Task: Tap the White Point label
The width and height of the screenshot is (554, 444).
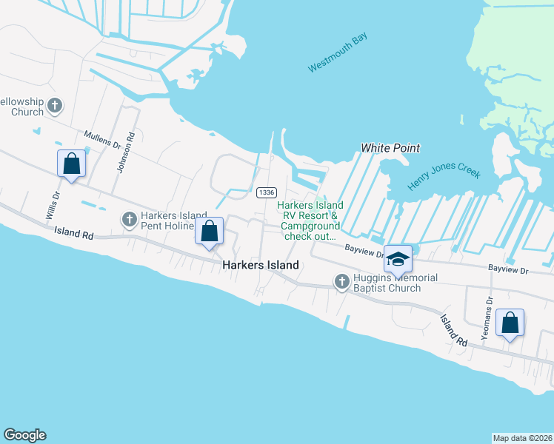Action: (390, 148)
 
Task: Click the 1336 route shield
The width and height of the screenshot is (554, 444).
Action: (267, 192)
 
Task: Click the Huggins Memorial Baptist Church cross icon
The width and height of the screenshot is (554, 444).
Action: (341, 281)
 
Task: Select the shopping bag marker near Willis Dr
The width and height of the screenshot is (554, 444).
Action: (72, 164)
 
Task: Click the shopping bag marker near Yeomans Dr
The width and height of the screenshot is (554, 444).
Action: (510, 323)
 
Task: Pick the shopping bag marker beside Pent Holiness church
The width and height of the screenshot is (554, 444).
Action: (210, 231)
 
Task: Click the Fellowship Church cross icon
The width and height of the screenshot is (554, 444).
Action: (54, 106)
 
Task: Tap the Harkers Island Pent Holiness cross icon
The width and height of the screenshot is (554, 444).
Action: (129, 218)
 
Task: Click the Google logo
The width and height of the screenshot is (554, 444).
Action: (24, 435)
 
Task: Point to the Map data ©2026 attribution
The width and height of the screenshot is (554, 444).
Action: (522, 437)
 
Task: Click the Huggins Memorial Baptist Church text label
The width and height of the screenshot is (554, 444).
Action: (395, 283)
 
